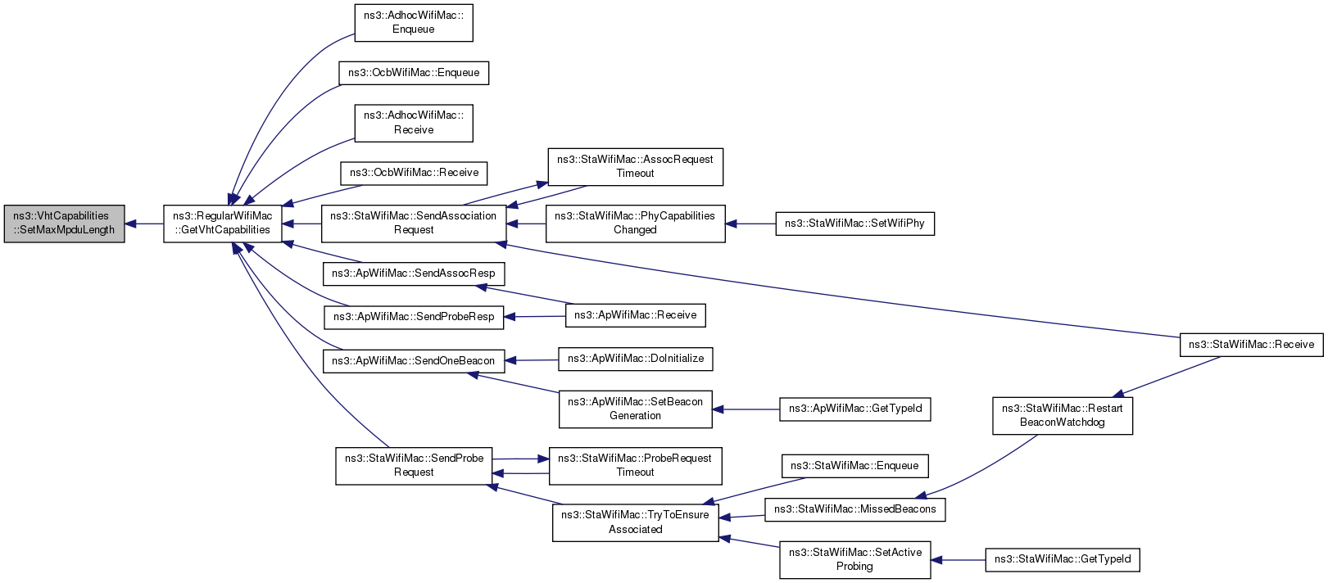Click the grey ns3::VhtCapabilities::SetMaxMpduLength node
(x=64, y=224)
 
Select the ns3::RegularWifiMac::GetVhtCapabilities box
(x=222, y=224)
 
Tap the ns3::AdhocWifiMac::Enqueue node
(x=413, y=23)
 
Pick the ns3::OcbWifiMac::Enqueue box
(x=413, y=73)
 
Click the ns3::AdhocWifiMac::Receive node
(x=413, y=124)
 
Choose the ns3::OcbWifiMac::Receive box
(x=414, y=173)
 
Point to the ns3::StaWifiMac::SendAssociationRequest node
(x=413, y=224)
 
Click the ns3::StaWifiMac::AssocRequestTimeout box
(x=635, y=167)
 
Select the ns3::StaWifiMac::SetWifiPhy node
(x=855, y=224)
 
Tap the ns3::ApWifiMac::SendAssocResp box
(x=413, y=273)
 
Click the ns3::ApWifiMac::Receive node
(x=635, y=315)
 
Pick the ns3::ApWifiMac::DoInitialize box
(x=635, y=359)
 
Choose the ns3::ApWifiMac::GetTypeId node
(x=855, y=409)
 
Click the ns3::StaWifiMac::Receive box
(x=1252, y=345)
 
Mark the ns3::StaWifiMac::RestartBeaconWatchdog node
(x=1063, y=415)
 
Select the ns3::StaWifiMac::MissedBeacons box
(x=855, y=509)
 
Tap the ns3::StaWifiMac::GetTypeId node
(x=1063, y=559)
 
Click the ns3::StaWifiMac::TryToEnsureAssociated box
(x=635, y=522)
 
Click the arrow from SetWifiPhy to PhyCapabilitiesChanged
(x=750, y=224)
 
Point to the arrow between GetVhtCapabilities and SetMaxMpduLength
(x=144, y=224)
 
